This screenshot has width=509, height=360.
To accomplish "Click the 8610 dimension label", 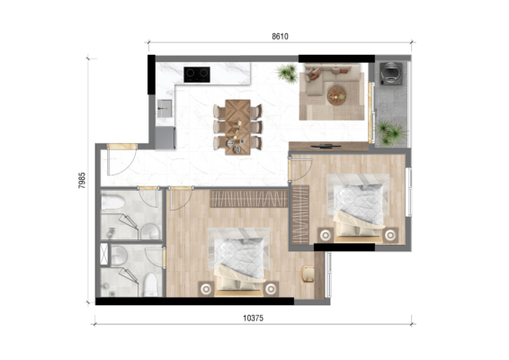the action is click(280, 36).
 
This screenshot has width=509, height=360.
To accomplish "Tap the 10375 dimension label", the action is click(254, 318).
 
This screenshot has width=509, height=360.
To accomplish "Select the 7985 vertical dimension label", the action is click(82, 180).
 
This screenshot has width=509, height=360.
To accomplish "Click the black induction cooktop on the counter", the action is click(197, 75).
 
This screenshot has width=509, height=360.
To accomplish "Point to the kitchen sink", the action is click(165, 108).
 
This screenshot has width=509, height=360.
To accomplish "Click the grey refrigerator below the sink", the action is click(165, 138).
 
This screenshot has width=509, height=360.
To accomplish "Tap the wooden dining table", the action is click(237, 127).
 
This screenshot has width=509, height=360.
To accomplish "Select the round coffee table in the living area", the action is click(336, 96).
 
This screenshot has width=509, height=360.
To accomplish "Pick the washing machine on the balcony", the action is click(391, 74).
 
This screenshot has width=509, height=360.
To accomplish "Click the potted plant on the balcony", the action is click(390, 132).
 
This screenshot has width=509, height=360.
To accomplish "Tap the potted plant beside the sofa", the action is click(287, 73).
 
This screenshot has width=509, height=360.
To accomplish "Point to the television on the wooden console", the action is click(326, 146).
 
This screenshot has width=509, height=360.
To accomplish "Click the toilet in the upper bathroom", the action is click(112, 202).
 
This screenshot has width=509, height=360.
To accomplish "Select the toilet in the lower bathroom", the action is click(150, 285).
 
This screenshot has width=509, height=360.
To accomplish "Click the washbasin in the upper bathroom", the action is click(150, 231).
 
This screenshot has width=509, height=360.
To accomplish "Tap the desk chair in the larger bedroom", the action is click(308, 274).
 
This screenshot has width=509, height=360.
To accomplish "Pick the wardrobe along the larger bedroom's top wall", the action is click(249, 199).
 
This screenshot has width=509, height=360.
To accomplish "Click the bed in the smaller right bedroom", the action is click(359, 208).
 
